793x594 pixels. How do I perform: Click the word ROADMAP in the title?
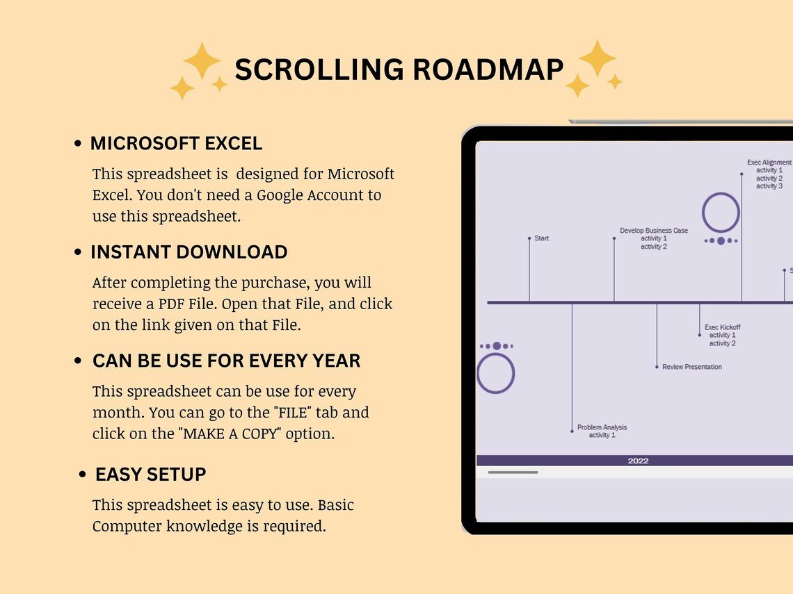point(488,69)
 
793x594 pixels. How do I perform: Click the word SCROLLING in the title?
point(319,69)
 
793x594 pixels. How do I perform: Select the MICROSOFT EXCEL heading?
point(176,144)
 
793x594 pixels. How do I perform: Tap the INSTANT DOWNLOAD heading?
point(189,252)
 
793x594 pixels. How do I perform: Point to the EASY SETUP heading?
point(150,475)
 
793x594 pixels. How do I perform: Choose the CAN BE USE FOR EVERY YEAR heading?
point(226,361)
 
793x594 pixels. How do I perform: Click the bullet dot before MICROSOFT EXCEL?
point(77,145)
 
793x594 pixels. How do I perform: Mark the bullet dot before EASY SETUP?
point(83,475)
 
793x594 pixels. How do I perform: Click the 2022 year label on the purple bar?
point(638,461)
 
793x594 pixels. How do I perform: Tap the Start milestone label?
point(541,238)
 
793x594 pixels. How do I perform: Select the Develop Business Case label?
point(654,231)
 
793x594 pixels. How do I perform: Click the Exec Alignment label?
point(769,163)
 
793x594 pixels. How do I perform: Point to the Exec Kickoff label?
point(722,327)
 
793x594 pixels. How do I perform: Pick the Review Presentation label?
point(692,367)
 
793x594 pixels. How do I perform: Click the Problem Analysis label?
point(602,427)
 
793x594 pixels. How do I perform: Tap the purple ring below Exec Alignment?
point(721,212)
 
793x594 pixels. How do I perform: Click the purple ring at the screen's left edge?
point(495,373)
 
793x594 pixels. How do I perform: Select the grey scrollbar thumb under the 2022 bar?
point(513,472)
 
